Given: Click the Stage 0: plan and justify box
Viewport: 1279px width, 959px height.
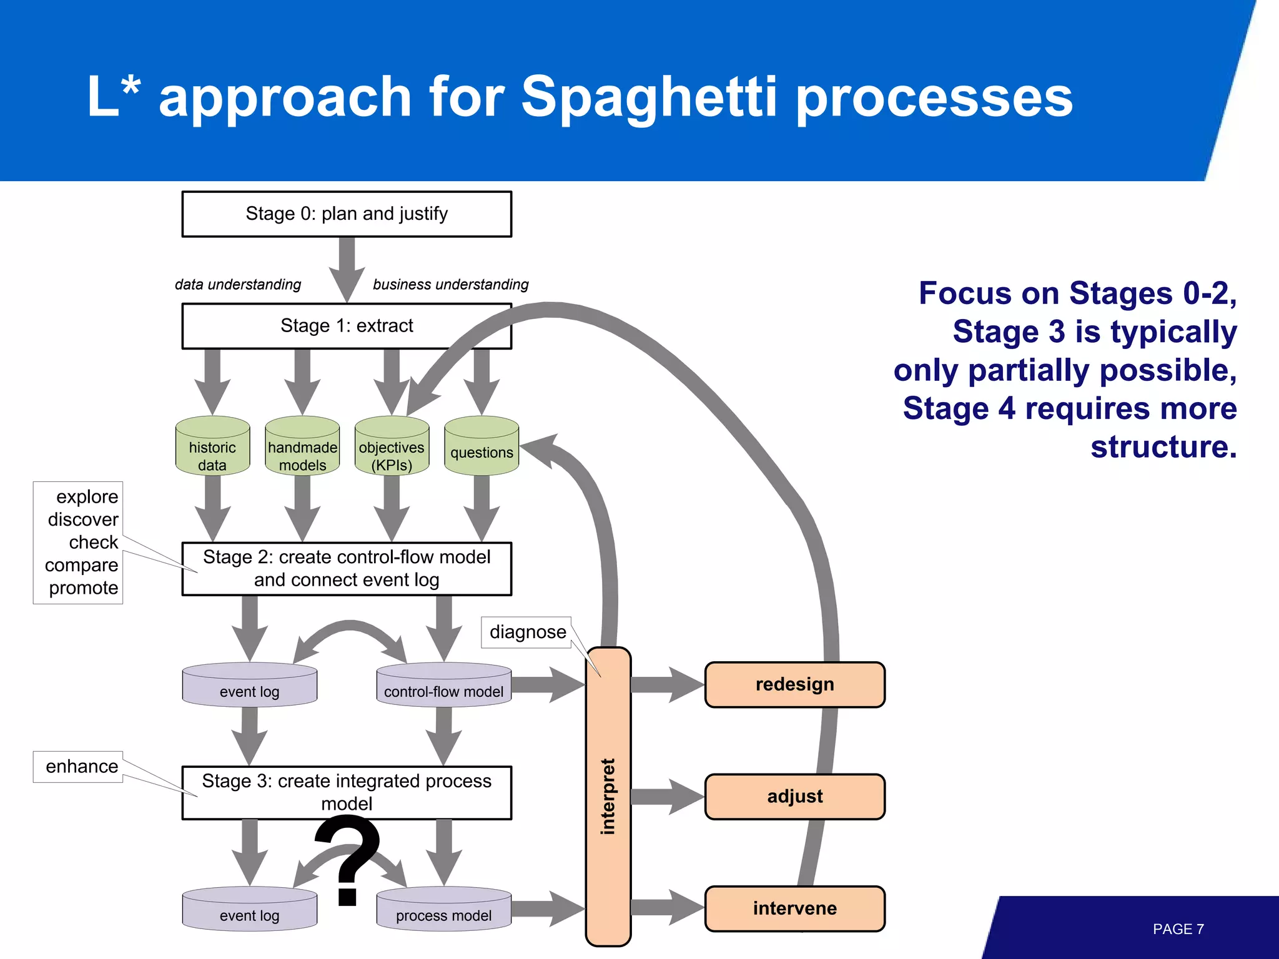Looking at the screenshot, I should pyautogui.click(x=347, y=214).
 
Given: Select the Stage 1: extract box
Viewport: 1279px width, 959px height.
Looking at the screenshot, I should pyautogui.click(x=347, y=326).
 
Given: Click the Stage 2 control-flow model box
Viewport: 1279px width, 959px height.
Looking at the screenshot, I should pyautogui.click(x=347, y=569).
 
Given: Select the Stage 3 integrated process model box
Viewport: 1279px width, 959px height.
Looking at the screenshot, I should pyautogui.click(x=347, y=792).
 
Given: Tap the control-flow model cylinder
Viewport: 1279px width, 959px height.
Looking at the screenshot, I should pyautogui.click(x=443, y=686).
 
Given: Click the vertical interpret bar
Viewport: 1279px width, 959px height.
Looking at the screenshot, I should pyautogui.click(x=608, y=797).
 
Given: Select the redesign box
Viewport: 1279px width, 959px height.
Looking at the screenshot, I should pyautogui.click(x=794, y=685).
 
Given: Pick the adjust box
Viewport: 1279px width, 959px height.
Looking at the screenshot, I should pyautogui.click(x=794, y=797).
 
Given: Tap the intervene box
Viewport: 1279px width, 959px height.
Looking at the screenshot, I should pyautogui.click(x=794, y=908).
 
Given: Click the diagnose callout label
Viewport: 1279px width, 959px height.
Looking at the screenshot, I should pyautogui.click(x=527, y=632).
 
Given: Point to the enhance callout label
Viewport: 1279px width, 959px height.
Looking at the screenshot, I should pyautogui.click(x=81, y=767).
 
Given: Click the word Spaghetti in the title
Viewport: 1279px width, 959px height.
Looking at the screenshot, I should pyautogui.click(x=649, y=97).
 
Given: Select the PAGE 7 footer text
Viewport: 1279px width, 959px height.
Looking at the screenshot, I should pyautogui.click(x=1178, y=929).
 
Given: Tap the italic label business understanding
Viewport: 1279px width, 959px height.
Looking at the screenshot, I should pyautogui.click(x=450, y=285).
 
